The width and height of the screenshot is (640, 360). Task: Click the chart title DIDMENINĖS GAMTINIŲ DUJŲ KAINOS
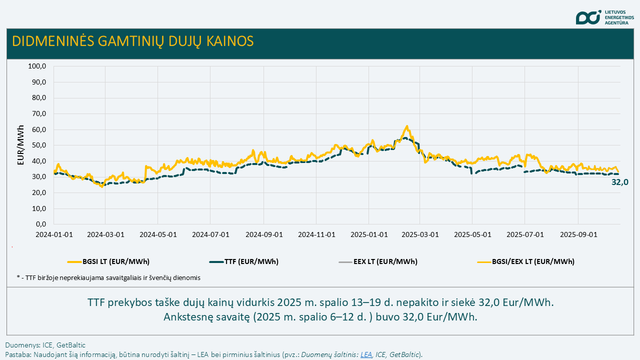point(132,41)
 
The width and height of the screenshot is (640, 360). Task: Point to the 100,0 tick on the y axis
point(37,66)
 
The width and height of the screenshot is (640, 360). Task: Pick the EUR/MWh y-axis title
point(20,145)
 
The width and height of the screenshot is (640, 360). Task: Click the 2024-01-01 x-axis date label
point(54,234)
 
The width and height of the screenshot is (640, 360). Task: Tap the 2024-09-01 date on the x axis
point(264,234)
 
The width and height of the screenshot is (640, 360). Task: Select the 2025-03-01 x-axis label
point(420,234)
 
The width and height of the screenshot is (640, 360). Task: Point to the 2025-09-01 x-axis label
point(578,234)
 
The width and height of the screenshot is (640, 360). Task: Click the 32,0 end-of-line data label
point(619,182)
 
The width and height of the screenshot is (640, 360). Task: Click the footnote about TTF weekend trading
point(108,278)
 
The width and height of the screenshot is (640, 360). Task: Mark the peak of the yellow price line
point(407,126)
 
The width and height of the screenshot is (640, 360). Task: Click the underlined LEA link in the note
point(366,354)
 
